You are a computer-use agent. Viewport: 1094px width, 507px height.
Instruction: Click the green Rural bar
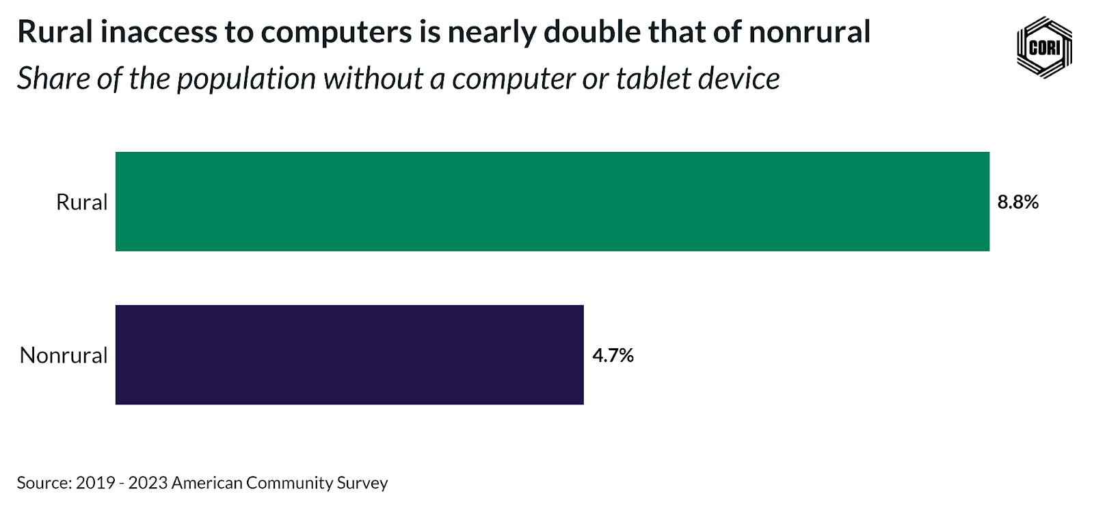552,201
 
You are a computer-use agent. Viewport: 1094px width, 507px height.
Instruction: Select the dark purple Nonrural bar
349,354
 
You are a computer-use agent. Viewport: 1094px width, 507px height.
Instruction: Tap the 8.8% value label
1017,202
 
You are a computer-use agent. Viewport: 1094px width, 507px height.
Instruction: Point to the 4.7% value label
613,355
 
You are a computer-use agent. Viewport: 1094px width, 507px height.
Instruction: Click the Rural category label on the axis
81,202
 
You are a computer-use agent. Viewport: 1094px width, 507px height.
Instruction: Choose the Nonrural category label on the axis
64,355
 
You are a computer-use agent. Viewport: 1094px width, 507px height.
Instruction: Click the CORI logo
1044,47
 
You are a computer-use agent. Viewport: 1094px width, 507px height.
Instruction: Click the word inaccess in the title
159,32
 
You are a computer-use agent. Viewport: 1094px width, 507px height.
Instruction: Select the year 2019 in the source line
95,483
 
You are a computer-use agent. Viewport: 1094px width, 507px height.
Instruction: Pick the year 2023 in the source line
148,483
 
